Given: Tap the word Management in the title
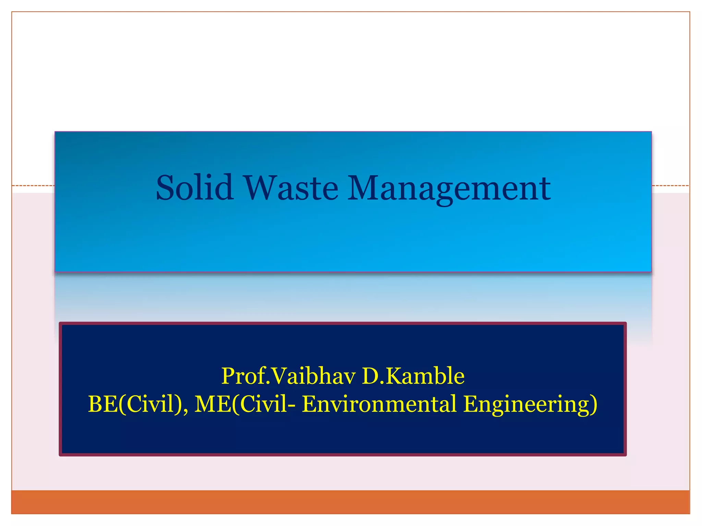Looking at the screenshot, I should tap(449, 188).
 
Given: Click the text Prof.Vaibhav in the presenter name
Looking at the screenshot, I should tap(288, 376).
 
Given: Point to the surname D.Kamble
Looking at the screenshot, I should tap(413, 376).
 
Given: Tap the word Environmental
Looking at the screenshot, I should tap(379, 404).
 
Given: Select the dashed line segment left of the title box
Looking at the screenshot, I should tap(33, 186).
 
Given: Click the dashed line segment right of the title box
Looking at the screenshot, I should tap(670, 186).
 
